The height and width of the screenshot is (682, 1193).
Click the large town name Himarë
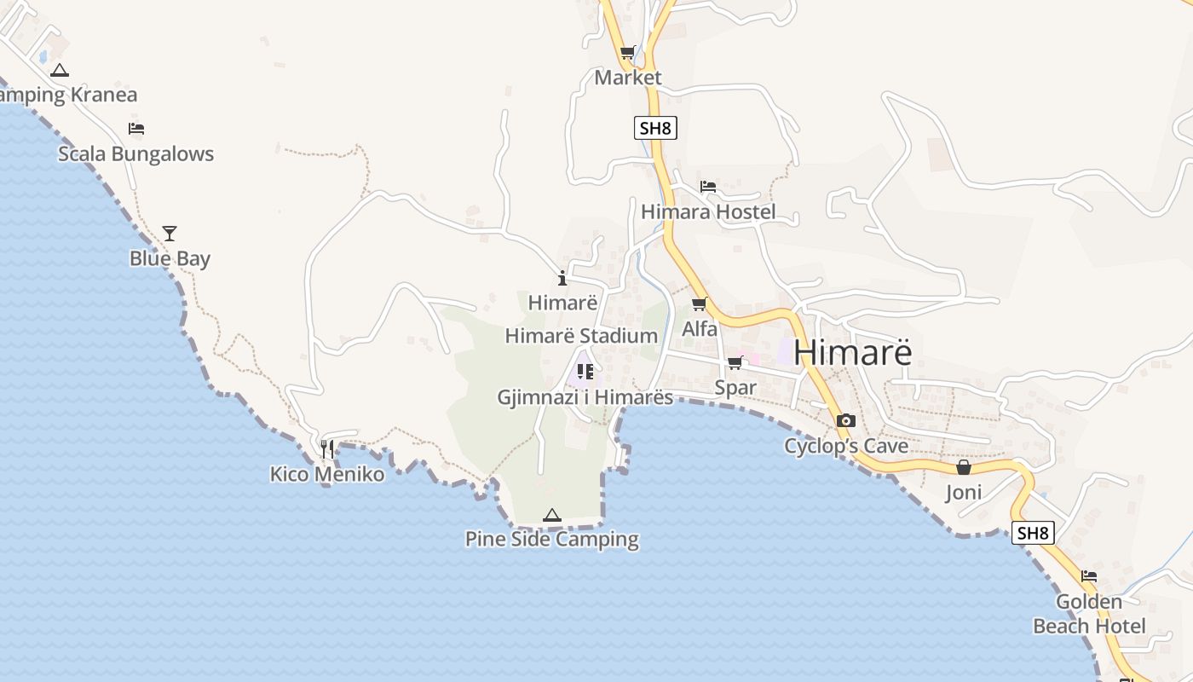pos(852,352)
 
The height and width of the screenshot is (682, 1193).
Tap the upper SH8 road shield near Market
pos(656,129)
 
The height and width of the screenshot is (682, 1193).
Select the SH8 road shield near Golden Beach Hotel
pos(1033,534)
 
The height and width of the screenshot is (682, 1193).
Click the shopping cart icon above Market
pos(628,53)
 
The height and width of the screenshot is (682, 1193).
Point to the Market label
pos(628,78)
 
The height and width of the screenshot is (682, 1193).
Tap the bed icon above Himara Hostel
pos(708,187)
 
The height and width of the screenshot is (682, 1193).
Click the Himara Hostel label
pos(708,211)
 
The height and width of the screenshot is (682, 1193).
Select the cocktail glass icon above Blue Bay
pos(170,234)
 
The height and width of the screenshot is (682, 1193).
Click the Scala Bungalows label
pos(135,154)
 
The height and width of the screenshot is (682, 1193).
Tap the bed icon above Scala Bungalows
pos(136,129)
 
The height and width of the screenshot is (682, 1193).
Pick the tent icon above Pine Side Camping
pos(552,515)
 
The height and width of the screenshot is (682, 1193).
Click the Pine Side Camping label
pos(552,539)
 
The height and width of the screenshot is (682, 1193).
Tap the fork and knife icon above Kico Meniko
pos(327,449)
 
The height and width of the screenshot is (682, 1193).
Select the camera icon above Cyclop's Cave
pos(846,420)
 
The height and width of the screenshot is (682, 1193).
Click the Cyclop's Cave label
pos(846,446)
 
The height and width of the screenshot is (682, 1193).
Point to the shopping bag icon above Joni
pos(964,467)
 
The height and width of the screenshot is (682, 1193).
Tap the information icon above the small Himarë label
pos(562,278)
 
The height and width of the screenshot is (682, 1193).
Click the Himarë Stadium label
pos(581,336)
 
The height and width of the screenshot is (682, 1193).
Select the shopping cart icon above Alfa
pos(700,303)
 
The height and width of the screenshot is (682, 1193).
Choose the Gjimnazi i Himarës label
pos(585,397)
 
